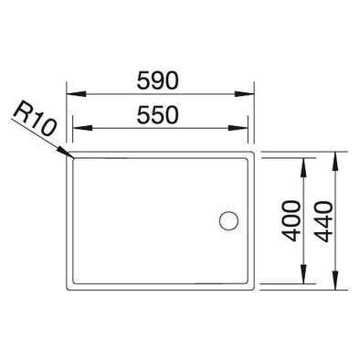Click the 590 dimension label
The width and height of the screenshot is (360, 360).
[x=157, y=80]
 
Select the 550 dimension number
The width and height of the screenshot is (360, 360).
[x=157, y=114]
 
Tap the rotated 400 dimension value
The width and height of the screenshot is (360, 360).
[x=291, y=220]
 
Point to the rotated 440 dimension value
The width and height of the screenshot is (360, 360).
[x=323, y=222]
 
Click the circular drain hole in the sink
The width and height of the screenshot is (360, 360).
[x=228, y=220]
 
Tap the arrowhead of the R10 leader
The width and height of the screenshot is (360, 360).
[x=66, y=153]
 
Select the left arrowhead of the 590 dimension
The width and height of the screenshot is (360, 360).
[x=76, y=94]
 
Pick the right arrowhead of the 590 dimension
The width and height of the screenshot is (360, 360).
[x=245, y=94]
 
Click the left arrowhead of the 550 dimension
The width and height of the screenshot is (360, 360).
[x=82, y=128]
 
